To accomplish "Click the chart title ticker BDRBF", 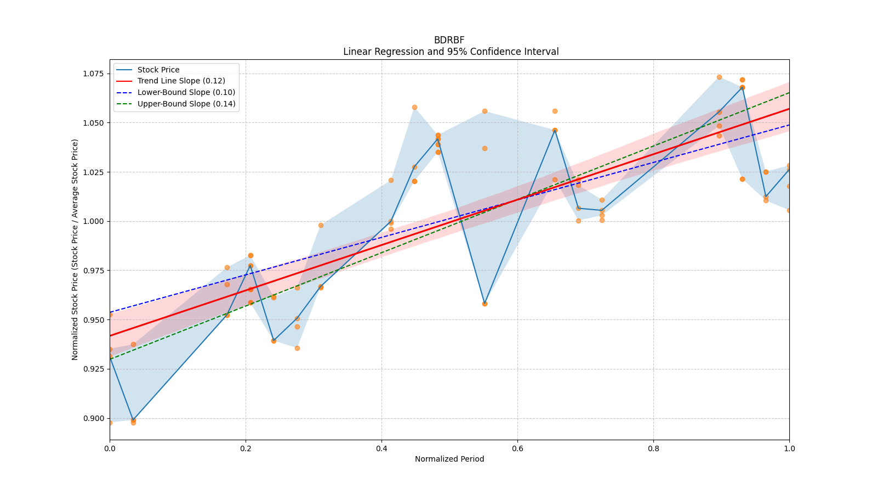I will (449, 40).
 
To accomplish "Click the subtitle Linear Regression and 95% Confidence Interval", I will (451, 52).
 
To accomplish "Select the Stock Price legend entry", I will (158, 70).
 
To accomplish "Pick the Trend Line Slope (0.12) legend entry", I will (181, 81).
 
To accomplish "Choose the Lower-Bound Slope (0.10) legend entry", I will (186, 92).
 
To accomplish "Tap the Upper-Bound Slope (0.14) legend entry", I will (186, 104).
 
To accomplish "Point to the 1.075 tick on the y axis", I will (94, 74).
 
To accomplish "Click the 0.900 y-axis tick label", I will (94, 418).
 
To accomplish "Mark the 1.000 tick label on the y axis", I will (94, 221).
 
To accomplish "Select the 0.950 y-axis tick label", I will (94, 320).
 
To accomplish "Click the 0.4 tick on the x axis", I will (381, 448).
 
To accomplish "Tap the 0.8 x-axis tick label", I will (653, 448).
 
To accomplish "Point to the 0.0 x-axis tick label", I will (110, 448).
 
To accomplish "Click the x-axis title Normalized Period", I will (449, 459).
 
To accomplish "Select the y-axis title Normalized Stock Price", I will (75, 249).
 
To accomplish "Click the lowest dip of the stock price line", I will (133, 420).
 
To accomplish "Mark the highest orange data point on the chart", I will (719, 77).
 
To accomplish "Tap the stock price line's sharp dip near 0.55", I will (485, 304).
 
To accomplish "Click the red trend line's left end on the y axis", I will (110, 335).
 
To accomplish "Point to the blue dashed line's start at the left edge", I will (110, 312).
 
